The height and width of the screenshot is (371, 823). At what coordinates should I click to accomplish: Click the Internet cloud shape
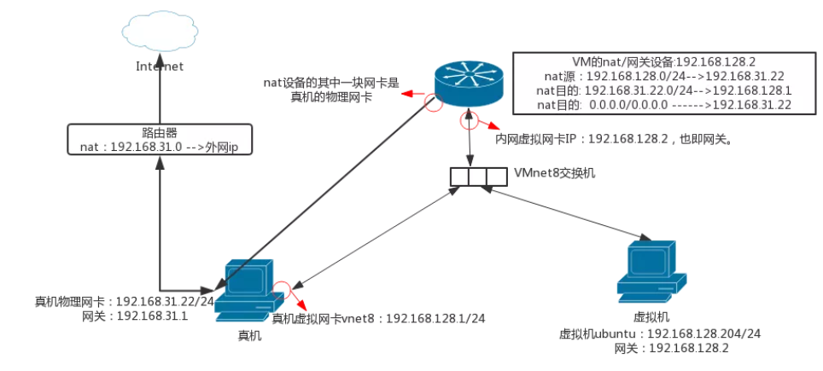click(x=159, y=32)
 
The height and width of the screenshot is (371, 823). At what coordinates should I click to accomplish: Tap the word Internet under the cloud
click(x=160, y=66)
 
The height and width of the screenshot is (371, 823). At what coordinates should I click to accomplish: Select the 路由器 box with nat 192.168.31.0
click(x=159, y=140)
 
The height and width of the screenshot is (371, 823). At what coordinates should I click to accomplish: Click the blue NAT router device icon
click(x=469, y=82)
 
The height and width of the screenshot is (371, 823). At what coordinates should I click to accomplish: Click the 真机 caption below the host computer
click(x=249, y=336)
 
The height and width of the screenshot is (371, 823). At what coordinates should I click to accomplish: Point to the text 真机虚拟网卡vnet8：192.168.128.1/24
click(x=378, y=318)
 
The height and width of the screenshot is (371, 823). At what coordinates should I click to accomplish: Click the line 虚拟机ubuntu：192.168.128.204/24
click(x=659, y=333)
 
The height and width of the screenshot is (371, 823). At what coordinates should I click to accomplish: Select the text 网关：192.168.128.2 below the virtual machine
click(x=660, y=349)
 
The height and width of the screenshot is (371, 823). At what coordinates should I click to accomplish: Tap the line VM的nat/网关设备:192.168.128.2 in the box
click(x=655, y=62)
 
